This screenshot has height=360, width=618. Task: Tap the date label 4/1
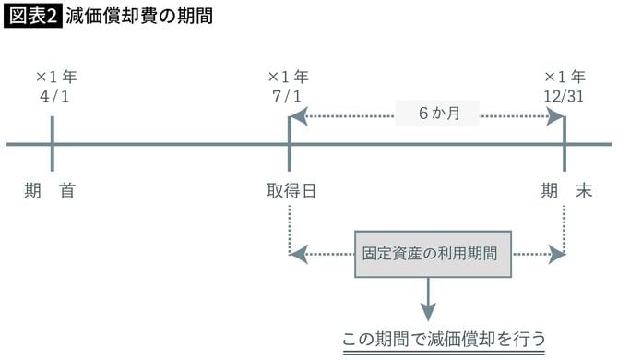pyautogui.click(x=53, y=95)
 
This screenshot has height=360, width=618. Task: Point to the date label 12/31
pyautogui.click(x=564, y=95)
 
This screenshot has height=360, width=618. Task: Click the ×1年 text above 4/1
pyautogui.click(x=54, y=77)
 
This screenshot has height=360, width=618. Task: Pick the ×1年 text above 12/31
pyautogui.click(x=565, y=77)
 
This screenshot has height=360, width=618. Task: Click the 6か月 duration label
pyautogui.click(x=438, y=115)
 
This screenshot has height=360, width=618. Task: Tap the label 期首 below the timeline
pyautogui.click(x=51, y=191)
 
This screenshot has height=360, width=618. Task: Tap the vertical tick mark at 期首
pyautogui.click(x=53, y=144)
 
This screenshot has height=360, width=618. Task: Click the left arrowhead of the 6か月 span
pyautogui.click(x=296, y=115)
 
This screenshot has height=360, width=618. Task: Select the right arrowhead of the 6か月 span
pyautogui.click(x=556, y=115)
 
